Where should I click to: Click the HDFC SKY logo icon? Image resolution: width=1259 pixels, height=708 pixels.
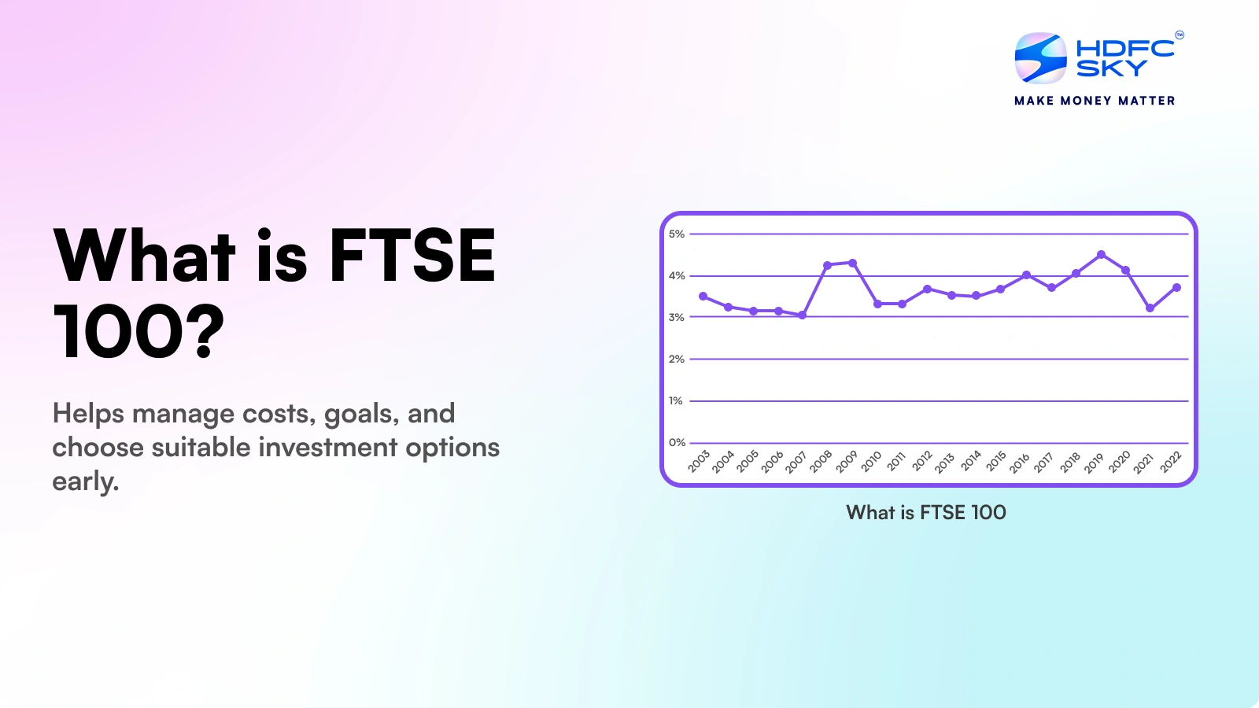click(x=1040, y=57)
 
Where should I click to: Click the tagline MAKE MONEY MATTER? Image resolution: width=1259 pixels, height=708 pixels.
click(x=1095, y=101)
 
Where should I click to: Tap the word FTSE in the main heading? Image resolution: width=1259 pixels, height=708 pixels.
click(x=412, y=256)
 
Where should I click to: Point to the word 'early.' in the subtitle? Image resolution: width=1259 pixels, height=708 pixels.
click(x=85, y=481)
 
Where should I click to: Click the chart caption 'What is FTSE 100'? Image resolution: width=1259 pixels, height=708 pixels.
click(x=926, y=512)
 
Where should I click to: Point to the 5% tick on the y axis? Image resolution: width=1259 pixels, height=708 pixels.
click(x=676, y=234)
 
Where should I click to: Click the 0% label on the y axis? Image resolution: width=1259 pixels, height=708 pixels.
click(x=676, y=442)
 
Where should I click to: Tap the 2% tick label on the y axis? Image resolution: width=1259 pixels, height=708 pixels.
click(x=676, y=359)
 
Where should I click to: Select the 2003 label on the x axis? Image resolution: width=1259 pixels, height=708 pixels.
click(x=699, y=461)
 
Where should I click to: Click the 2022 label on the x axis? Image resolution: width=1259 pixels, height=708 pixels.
click(x=1171, y=461)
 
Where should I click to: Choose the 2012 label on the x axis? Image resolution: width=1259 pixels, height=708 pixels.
click(x=922, y=461)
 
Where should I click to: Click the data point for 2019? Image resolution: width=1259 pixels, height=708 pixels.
click(x=1101, y=254)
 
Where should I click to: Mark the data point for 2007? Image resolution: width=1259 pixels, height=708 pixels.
click(x=802, y=315)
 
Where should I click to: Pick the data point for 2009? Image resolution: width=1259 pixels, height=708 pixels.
click(x=852, y=263)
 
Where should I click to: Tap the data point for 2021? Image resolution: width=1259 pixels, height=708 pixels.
click(x=1150, y=308)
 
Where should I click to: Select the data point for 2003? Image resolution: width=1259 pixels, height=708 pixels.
click(x=703, y=297)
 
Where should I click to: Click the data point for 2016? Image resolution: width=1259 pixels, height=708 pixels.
click(x=1026, y=275)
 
